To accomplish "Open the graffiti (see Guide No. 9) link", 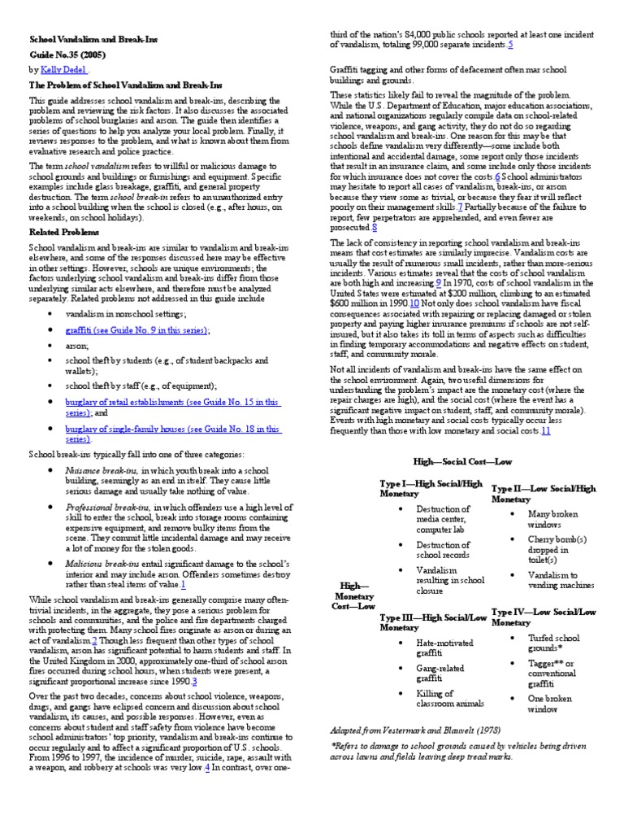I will pos(137,331).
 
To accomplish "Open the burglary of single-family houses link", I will pos(172,429).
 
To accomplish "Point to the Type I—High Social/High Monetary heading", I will pos(431,489).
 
